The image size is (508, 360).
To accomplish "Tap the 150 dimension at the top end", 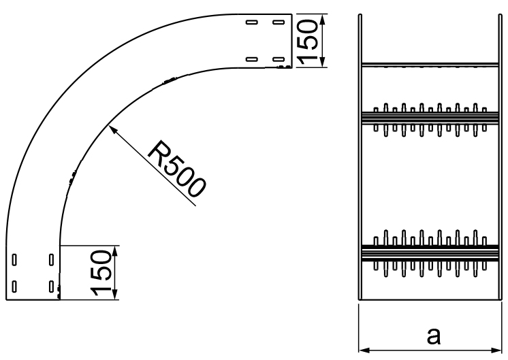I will coord(311,41).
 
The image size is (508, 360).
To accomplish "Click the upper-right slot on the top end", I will coord(278,22).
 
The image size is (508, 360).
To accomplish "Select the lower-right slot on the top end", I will coord(278,59).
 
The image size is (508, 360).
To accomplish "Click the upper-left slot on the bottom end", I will coord(15,259).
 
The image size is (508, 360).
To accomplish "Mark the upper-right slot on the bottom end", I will coord(52,259).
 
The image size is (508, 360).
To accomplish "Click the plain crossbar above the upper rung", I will coord(430,65).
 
